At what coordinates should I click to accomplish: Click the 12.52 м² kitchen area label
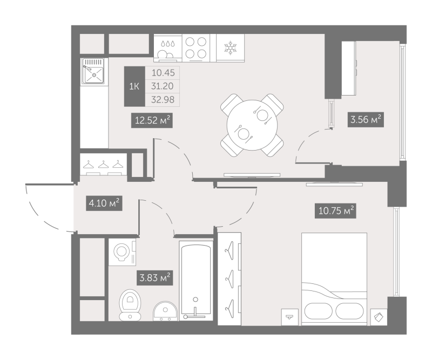[152, 120]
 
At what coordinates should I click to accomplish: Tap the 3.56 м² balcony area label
[366, 120]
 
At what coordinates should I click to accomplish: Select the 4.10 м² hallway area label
[104, 203]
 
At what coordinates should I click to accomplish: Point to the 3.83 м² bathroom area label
[154, 277]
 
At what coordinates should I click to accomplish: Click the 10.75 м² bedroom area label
[335, 211]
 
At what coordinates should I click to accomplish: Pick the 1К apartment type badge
[134, 86]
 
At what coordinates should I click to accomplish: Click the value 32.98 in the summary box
[163, 100]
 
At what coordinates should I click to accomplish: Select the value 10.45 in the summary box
[163, 73]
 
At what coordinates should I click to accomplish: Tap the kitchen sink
[93, 71]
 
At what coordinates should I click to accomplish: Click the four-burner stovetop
[196, 47]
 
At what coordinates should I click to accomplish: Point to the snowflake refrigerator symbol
[230, 47]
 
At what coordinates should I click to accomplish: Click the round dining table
[252, 125]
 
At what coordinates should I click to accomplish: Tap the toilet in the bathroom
[130, 304]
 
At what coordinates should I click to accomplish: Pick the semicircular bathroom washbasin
[165, 311]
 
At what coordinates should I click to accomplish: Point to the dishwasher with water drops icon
[168, 47]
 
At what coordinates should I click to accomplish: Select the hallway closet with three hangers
[104, 165]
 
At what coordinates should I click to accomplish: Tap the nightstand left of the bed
[290, 317]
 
